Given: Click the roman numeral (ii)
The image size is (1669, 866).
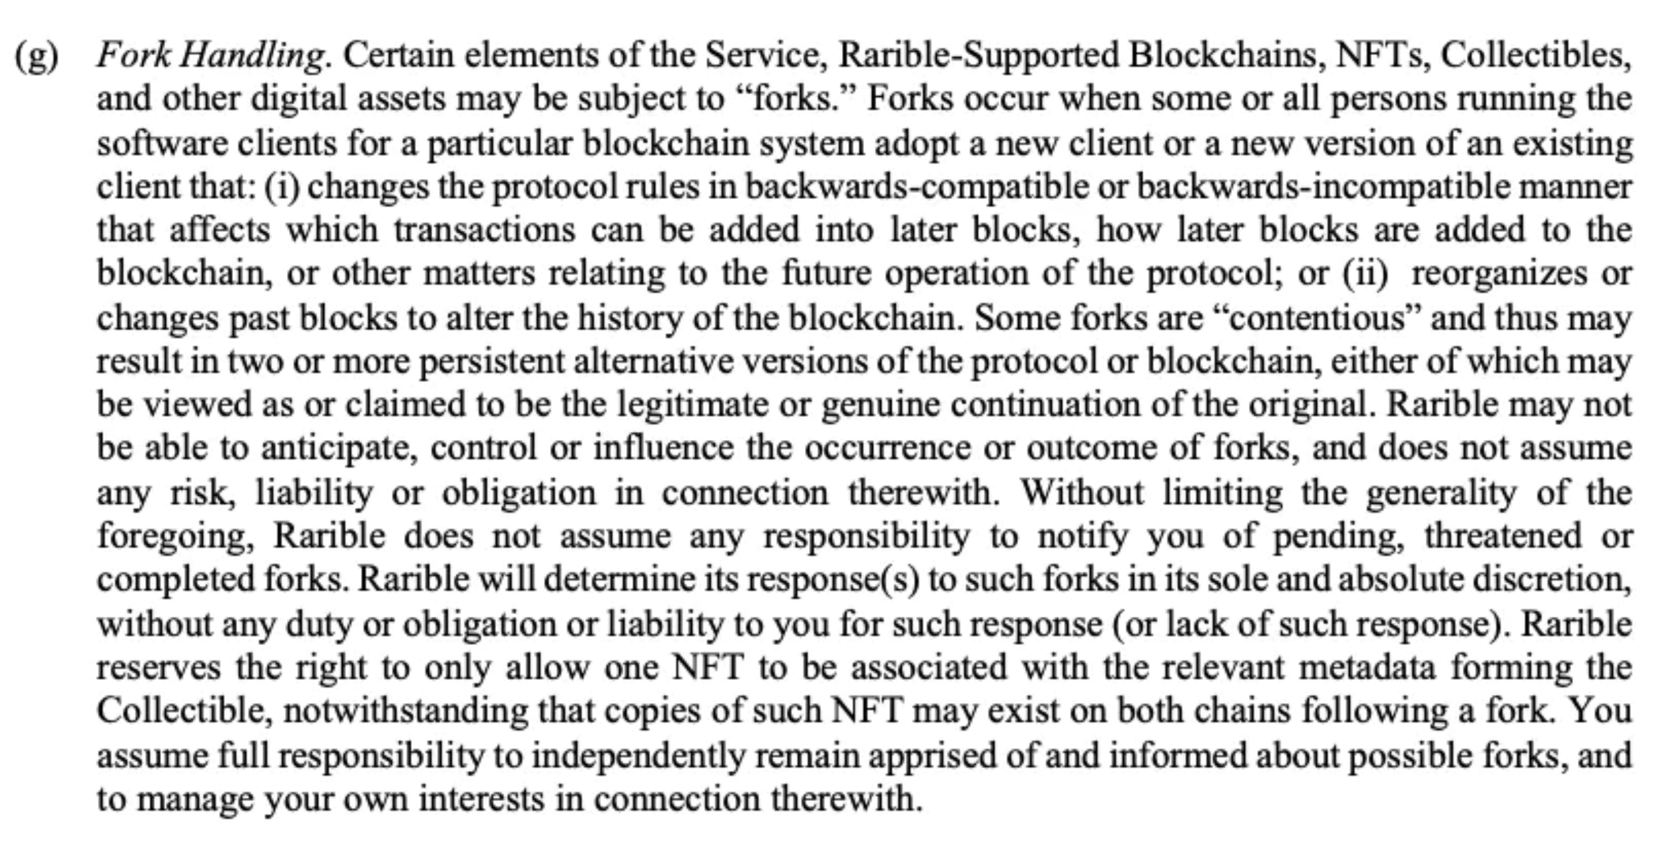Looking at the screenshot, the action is (x=1366, y=274).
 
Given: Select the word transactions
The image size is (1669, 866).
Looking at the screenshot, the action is (x=485, y=231).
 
